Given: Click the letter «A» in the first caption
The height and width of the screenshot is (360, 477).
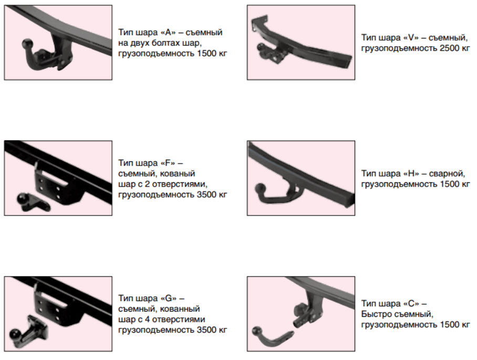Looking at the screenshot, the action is [168, 32].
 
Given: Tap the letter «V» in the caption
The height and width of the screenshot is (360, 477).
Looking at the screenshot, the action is [411, 37].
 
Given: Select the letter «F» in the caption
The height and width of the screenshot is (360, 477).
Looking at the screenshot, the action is [168, 163].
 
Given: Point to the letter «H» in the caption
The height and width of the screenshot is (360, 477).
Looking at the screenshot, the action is [411, 173].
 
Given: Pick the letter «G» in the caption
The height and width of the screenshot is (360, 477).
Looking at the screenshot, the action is [169, 298].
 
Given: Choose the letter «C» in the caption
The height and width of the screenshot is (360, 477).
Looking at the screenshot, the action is [411, 303].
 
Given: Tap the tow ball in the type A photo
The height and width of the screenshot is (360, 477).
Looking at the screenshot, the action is [27, 44].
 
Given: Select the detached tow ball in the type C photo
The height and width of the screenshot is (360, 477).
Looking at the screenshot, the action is [257, 332].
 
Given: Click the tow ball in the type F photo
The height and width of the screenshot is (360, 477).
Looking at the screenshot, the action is [23, 199].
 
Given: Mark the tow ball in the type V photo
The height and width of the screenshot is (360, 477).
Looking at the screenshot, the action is [261, 47].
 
